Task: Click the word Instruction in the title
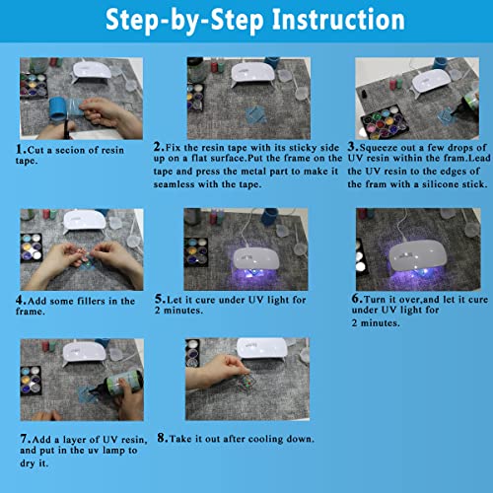338,20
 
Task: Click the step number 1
19,149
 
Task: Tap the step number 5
159,299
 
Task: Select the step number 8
161,438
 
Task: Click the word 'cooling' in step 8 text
265,439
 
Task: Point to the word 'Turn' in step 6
375,300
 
